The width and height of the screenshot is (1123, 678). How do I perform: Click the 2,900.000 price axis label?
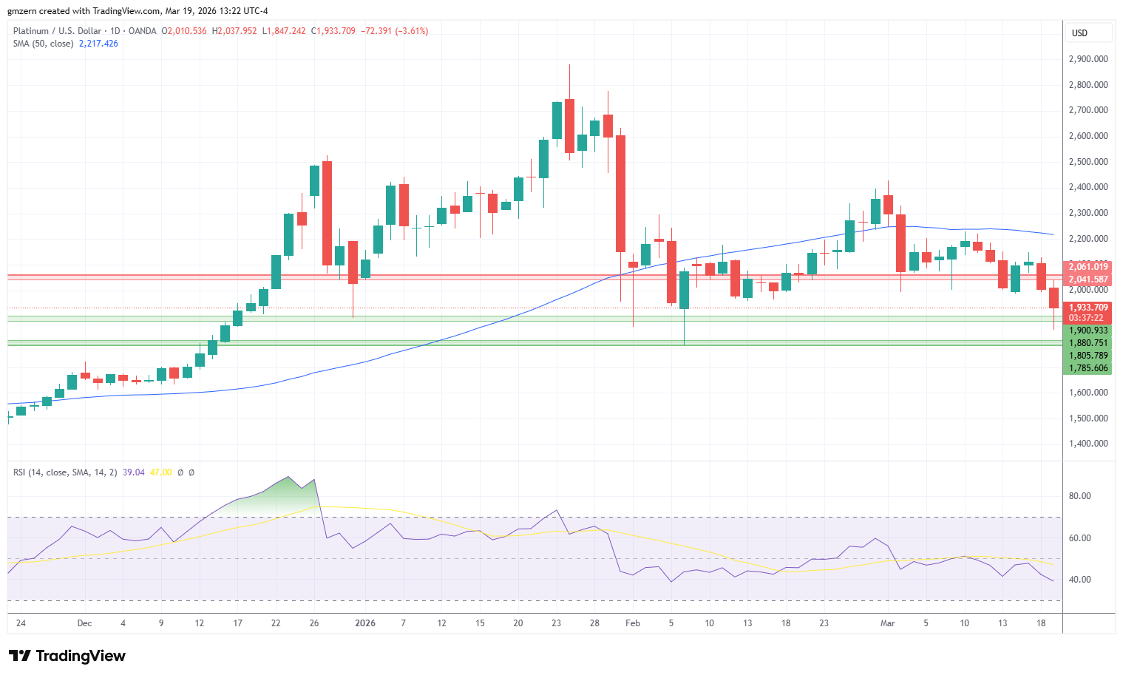1088,59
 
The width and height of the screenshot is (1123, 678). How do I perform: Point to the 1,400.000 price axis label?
1088,444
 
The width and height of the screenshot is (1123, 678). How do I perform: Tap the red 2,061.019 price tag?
1088,267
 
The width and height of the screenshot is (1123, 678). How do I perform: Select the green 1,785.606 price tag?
1088,368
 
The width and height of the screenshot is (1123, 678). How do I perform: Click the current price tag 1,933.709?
1088,308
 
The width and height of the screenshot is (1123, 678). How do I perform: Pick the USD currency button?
1080,33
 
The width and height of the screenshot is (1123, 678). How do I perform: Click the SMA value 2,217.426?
98,44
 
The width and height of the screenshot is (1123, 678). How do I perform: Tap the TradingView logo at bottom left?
67,656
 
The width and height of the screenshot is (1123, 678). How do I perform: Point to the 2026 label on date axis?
365,623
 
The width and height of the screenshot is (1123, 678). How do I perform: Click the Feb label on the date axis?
633,623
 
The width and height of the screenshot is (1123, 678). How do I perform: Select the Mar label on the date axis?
888,623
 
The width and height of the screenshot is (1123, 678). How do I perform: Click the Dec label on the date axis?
85,623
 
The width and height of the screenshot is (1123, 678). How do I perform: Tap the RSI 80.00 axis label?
1080,496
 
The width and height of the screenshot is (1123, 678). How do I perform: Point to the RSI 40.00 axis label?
1080,580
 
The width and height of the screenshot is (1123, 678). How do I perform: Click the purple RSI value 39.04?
134,472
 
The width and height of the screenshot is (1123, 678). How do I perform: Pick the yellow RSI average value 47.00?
160,472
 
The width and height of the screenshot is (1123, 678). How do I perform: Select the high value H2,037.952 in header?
234,31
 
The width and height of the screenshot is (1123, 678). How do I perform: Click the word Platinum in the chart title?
31,31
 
